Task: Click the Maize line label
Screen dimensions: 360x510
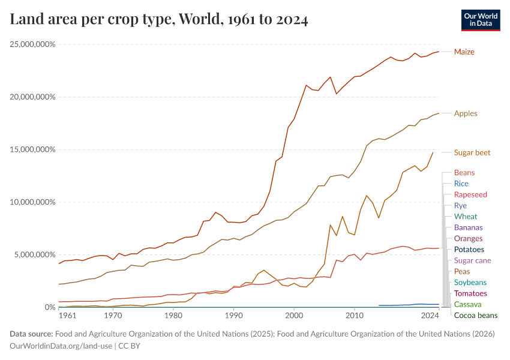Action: [464, 52]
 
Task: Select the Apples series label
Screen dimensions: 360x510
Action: [466, 113]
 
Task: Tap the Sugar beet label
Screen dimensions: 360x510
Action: [472, 152]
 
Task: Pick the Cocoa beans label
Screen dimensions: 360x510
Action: [475, 316]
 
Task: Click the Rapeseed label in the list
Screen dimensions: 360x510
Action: [470, 194]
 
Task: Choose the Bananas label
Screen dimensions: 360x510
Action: [468, 227]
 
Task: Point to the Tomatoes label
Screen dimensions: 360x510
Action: [470, 293]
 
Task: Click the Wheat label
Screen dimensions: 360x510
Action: [466, 217]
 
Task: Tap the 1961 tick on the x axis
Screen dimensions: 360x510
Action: [67, 315]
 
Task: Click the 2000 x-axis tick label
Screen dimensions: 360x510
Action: [294, 315]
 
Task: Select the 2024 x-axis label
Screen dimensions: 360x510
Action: [430, 315]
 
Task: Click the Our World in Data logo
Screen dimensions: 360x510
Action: [481, 20]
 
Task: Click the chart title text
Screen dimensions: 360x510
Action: [159, 20]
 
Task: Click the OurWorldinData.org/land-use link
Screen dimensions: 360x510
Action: [60, 346]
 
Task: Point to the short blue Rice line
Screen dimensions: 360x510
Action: [408, 305]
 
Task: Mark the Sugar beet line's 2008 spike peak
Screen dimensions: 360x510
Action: [343, 217]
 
